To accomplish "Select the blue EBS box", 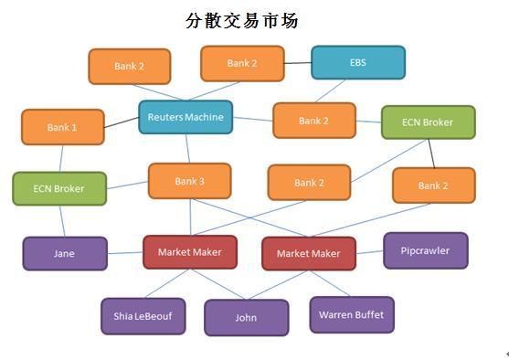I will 357,63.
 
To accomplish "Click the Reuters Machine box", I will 186,117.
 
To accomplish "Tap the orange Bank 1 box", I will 62,127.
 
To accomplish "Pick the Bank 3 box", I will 189,181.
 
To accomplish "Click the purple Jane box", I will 64,253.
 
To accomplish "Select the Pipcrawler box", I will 425,250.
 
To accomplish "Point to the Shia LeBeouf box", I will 143,316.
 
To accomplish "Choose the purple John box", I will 246,318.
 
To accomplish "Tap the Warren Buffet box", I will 351,314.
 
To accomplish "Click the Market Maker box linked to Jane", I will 189,252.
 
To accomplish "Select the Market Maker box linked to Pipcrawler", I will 308,253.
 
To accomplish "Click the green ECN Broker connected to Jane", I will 58,188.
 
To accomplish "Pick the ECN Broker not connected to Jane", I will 427,122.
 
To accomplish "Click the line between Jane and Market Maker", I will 125,253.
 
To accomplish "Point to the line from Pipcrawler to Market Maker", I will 369,252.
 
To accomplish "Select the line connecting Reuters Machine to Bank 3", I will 187,148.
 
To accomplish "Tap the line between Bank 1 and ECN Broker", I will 61,158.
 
